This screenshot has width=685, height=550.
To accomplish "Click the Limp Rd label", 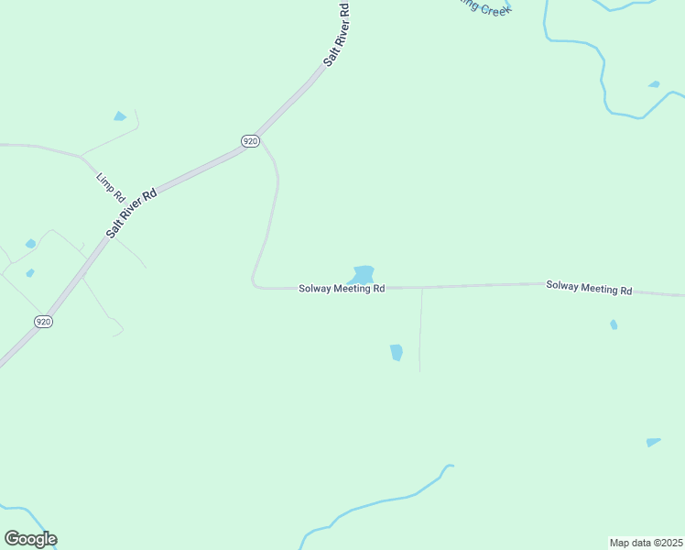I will click(111, 186).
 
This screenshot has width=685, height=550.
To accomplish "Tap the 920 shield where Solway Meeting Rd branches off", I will click(251, 140).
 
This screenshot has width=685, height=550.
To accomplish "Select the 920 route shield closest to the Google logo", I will click(44, 321).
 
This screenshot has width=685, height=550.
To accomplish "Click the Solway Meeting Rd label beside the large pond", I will click(342, 288).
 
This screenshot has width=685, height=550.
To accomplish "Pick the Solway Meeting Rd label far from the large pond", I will click(589, 287).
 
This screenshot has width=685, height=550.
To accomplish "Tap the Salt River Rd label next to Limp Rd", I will click(131, 213).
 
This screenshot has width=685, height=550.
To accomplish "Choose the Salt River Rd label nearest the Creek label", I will click(336, 35).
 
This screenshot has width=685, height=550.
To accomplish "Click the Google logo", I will click(30, 539).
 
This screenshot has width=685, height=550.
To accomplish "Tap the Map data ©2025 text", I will click(646, 542).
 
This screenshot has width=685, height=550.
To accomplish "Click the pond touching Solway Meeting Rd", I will click(363, 274).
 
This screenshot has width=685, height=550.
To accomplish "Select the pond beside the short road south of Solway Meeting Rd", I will click(396, 352).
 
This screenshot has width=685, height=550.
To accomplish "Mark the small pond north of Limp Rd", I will click(119, 116).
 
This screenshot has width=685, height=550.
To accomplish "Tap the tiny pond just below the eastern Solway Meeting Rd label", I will click(614, 324).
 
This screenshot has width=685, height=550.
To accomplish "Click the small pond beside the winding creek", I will click(654, 84).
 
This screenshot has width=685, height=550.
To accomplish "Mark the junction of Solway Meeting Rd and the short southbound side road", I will click(421, 288).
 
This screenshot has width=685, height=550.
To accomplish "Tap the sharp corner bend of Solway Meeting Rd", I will click(254, 283).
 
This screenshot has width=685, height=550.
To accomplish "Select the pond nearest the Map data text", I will click(652, 442).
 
